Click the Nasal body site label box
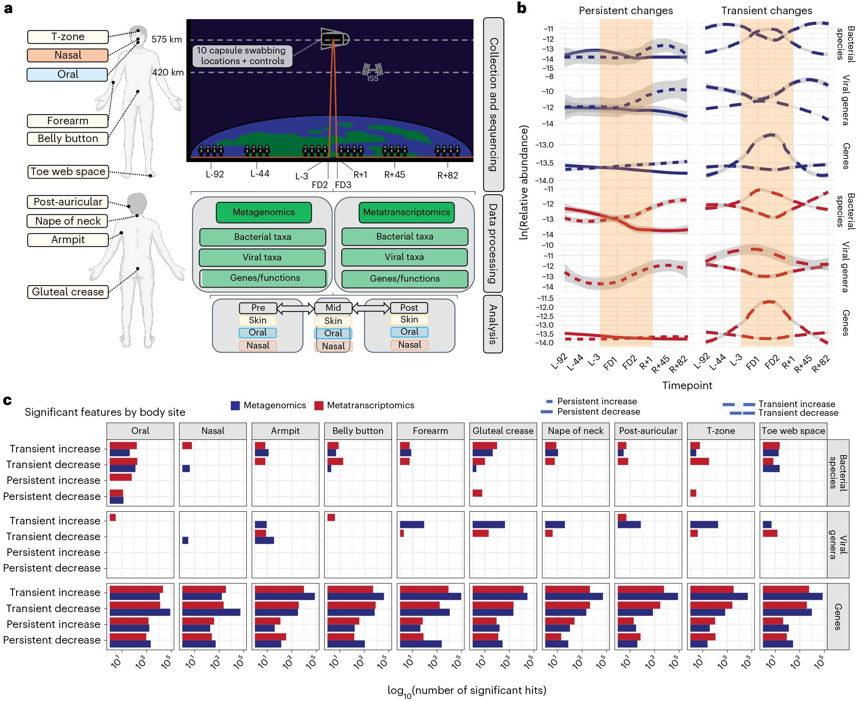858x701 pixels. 68,55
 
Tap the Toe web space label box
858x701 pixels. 68,172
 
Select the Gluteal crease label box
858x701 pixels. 68,291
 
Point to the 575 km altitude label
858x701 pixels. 166,40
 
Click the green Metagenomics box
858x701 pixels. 264,212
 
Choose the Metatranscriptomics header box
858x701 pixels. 407,212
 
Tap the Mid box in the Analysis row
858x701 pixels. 333,308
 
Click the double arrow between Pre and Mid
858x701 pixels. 295,309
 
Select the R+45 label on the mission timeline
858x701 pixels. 394,175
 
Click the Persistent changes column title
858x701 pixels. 626,11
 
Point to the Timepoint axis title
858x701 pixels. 687,385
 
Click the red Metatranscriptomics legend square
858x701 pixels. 319,406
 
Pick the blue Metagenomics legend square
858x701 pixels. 235,406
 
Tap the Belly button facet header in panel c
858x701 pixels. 357,431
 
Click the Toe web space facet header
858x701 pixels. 793,431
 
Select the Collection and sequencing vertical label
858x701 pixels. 494,104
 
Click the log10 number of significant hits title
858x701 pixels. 466,690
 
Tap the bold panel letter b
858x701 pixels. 521,8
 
